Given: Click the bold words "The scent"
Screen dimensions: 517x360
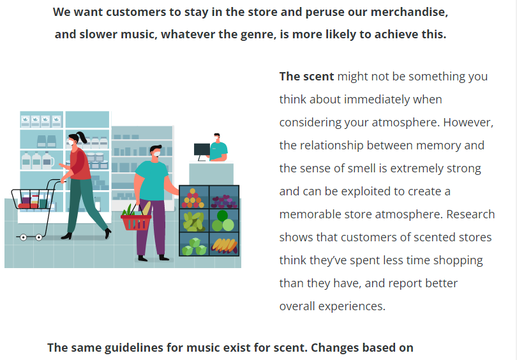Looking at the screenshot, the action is (x=306, y=77).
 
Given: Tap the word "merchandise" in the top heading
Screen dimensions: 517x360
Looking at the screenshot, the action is (x=409, y=12).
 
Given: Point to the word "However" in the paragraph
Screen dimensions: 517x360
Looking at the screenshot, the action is (x=468, y=123).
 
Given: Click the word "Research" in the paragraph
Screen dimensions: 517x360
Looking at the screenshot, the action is (x=470, y=214).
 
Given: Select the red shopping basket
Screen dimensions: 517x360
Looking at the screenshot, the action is (x=136, y=222).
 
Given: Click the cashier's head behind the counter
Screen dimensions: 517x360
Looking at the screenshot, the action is (x=217, y=137).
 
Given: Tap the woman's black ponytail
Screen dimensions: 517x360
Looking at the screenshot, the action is (x=82, y=137).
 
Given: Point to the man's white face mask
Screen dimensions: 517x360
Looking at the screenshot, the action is (x=156, y=154).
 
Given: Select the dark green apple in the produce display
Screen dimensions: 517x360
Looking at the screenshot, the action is (x=222, y=216).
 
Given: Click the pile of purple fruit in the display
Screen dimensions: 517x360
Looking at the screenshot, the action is (x=224, y=201).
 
